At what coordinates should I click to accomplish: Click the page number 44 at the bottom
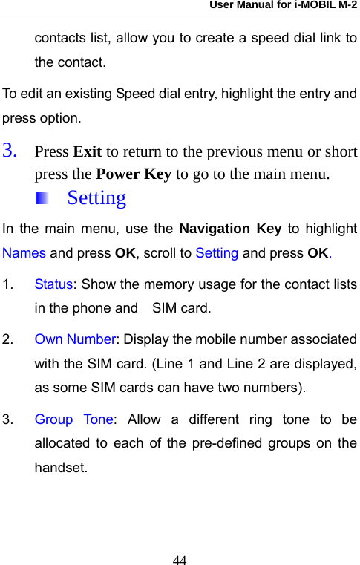[x=180, y=558]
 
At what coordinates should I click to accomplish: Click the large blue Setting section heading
[x=96, y=198]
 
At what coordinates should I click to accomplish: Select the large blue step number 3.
[x=10, y=151]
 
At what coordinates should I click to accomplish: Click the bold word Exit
[x=88, y=151]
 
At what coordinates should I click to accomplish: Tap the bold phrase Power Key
[x=134, y=175]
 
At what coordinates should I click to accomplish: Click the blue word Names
[x=24, y=252]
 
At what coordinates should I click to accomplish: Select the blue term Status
[x=53, y=284]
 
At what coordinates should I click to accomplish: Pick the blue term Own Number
[x=75, y=340]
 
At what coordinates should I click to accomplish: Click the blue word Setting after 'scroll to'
[x=217, y=252]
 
